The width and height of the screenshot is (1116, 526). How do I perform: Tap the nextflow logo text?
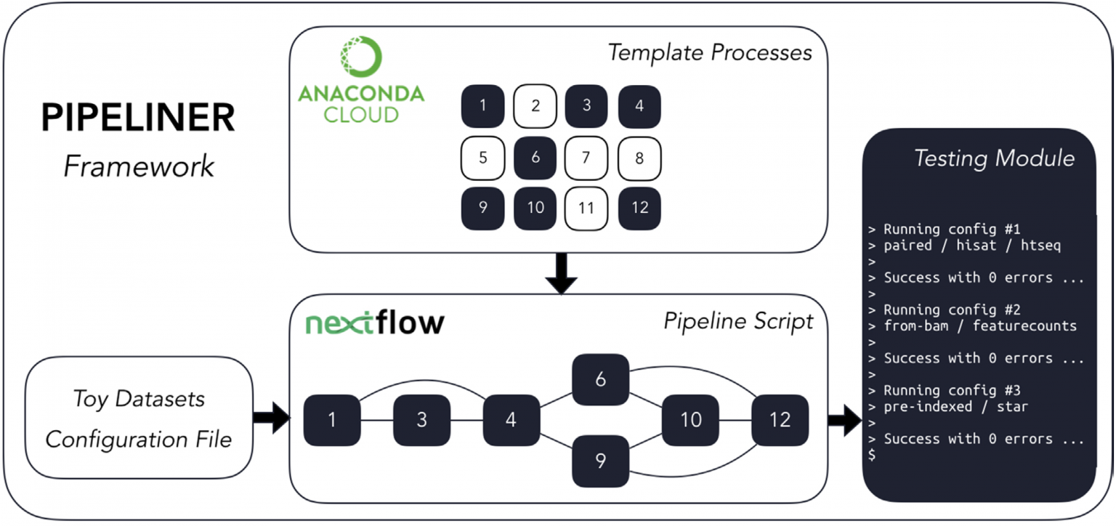pyautogui.click(x=374, y=323)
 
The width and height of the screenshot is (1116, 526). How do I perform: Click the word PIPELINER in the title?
pyautogui.click(x=138, y=118)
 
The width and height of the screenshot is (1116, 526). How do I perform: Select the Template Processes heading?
pyautogui.click(x=709, y=53)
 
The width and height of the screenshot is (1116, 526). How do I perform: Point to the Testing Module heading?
pyautogui.click(x=994, y=158)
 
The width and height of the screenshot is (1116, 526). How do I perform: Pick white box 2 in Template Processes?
pyautogui.click(x=535, y=106)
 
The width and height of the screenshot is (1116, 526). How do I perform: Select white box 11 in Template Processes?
pyautogui.click(x=586, y=208)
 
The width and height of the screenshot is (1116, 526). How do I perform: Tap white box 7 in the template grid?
pyautogui.click(x=586, y=158)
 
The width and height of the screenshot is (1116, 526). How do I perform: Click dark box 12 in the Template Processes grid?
pyautogui.click(x=639, y=208)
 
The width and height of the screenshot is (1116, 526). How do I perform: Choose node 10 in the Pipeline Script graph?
pyautogui.click(x=690, y=420)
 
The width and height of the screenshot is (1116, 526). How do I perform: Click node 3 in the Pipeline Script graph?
pyautogui.click(x=421, y=421)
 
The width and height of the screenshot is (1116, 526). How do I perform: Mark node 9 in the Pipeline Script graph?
pyautogui.click(x=599, y=461)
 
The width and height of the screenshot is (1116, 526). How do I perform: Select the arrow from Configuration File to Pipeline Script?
pyautogui.click(x=271, y=418)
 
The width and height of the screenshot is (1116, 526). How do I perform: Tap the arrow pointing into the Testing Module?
pyautogui.click(x=844, y=421)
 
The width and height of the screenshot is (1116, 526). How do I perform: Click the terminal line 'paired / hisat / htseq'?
pyautogui.click(x=972, y=246)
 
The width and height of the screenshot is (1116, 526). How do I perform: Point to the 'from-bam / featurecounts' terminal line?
pyautogui.click(x=980, y=326)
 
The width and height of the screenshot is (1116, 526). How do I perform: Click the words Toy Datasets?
pyautogui.click(x=139, y=399)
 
